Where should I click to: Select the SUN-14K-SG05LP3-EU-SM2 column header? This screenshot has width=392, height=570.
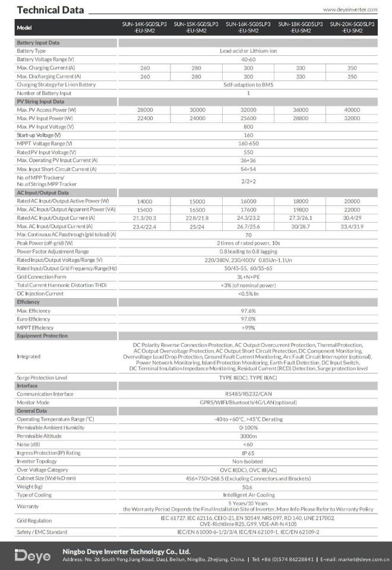pyautogui.click(x=145, y=27)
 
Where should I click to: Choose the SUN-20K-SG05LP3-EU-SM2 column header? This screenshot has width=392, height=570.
pyautogui.click(x=352, y=27)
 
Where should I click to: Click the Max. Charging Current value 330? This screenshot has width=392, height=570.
pyautogui.click(x=300, y=68)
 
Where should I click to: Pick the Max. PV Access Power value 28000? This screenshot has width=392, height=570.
pyautogui.click(x=145, y=110)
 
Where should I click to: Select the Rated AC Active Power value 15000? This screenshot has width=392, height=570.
pyautogui.click(x=197, y=201)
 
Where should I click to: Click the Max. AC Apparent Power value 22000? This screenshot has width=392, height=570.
pyautogui.click(x=352, y=210)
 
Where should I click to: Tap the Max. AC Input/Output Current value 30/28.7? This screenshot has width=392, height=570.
pyautogui.click(x=300, y=226)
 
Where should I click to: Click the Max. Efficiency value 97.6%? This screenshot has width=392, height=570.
pyautogui.click(x=248, y=311)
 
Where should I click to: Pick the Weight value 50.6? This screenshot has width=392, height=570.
pyautogui.click(x=248, y=486)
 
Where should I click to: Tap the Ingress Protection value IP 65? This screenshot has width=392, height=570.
pyautogui.click(x=248, y=452)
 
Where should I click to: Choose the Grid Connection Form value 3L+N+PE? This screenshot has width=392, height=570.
pyautogui.click(x=248, y=277)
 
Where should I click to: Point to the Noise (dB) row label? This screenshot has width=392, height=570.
pyautogui.click(x=29, y=444)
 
